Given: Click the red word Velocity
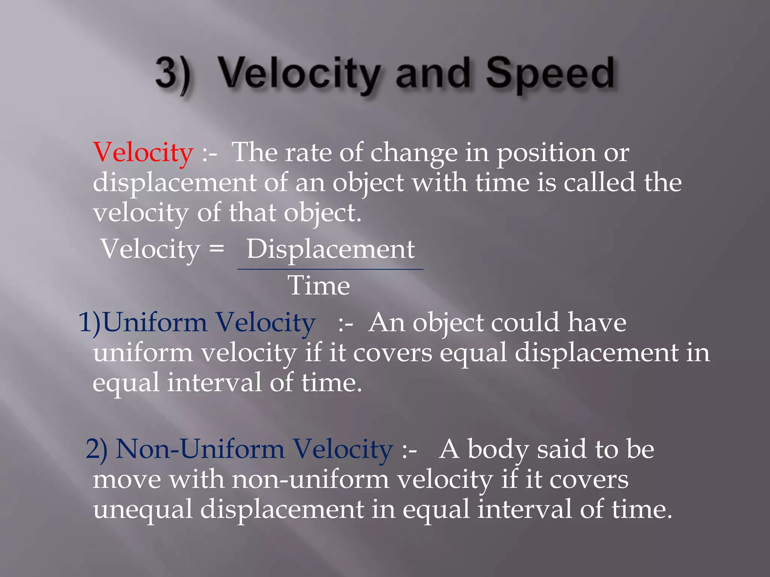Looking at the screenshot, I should [143, 153].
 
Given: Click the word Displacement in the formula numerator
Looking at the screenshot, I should [330, 249].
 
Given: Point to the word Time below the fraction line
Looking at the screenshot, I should [319, 286].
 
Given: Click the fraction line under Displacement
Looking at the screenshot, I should [330, 269].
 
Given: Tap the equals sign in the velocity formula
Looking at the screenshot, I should [217, 248].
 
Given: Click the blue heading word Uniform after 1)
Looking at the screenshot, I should [155, 323].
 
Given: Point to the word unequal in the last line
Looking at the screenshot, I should [143, 510].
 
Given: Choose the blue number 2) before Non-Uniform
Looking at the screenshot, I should [96, 449].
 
